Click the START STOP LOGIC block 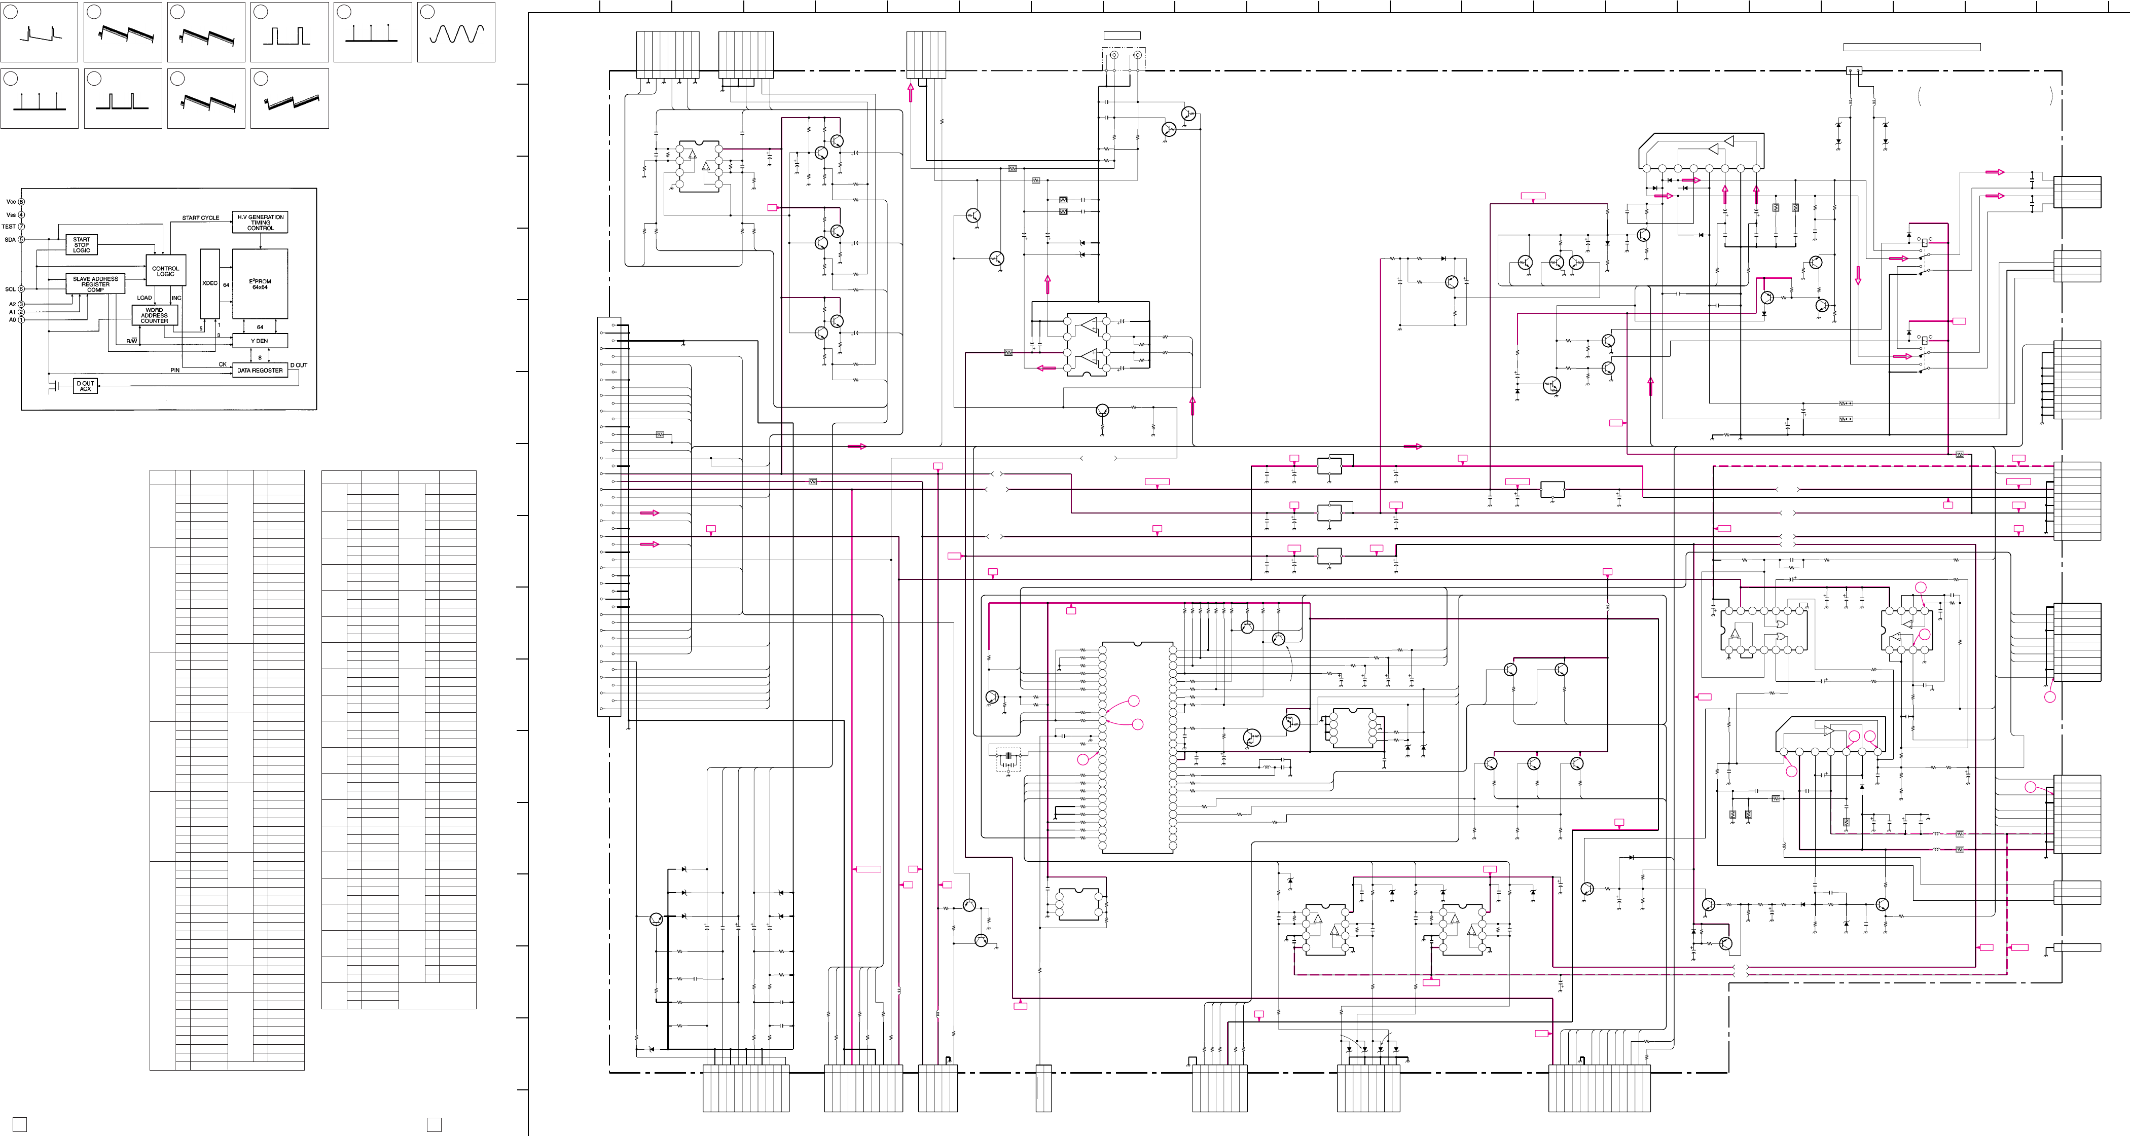point(81,245)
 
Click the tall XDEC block point(210,283)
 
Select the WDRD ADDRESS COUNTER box point(155,315)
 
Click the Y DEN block point(260,341)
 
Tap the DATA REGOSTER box point(260,371)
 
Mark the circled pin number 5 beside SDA point(21,240)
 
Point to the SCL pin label point(10,289)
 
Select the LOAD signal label point(144,298)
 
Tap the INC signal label point(176,298)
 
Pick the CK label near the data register point(223,364)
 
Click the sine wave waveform point(456,33)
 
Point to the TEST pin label point(8,227)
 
